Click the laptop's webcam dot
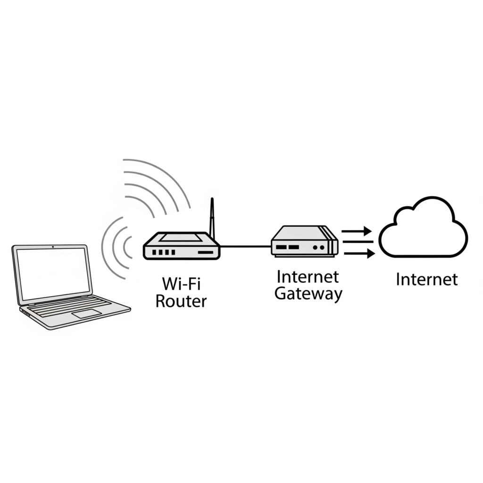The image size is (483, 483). [x=53, y=247]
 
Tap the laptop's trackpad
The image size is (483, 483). [x=87, y=314]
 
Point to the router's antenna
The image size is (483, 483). [x=212, y=219]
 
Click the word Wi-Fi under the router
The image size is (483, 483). [x=181, y=283]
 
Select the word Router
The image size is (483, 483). [x=181, y=301]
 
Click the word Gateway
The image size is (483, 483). [x=308, y=294]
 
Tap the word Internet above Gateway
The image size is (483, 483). [x=308, y=276]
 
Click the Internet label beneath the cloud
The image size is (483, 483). [x=426, y=279]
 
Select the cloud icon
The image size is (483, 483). [x=423, y=227]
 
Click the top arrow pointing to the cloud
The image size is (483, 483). [x=357, y=231]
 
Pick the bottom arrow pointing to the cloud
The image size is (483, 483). [x=359, y=253]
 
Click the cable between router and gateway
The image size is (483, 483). [x=245, y=246]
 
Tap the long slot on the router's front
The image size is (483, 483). [x=206, y=252]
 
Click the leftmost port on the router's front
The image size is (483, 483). [x=155, y=252]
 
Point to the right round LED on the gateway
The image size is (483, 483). [x=322, y=247]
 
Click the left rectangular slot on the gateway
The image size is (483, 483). [x=282, y=247]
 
